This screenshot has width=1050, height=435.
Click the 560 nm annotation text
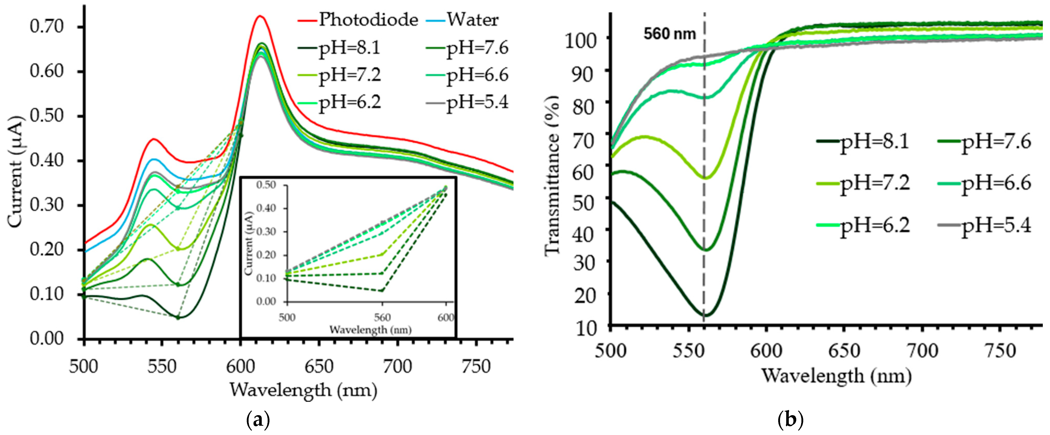coord(670,33)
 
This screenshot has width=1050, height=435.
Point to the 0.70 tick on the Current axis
coord(47,27)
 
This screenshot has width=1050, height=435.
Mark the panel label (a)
coord(258,420)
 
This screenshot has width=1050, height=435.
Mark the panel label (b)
coord(791,420)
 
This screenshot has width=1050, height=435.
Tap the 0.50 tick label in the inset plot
coord(266,185)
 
